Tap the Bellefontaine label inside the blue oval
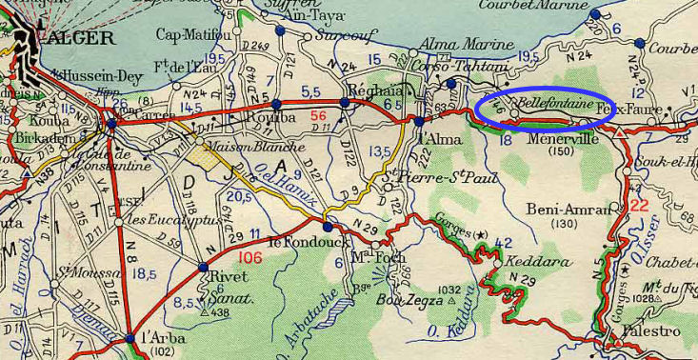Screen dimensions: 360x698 (x=555, y=100)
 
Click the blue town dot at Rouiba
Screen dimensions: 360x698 (x=276, y=104)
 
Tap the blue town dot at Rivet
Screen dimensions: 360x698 (x=203, y=268)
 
